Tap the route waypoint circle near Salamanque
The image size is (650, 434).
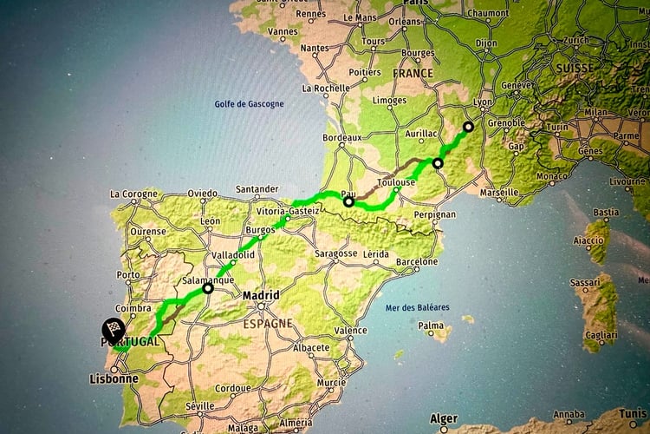tap(208, 289)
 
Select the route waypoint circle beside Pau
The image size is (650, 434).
tap(348, 202)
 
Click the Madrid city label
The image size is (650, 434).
tap(261, 295)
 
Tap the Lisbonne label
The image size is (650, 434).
tap(114, 378)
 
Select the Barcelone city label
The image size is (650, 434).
tap(416, 261)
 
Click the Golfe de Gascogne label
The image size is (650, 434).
tap(249, 104)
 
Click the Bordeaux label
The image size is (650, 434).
tap(341, 137)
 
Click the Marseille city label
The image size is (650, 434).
tap(498, 192)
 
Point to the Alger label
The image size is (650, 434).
tap(445, 418)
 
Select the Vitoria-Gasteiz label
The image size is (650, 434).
tap(288, 211)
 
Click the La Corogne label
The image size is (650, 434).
tap(134, 194)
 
